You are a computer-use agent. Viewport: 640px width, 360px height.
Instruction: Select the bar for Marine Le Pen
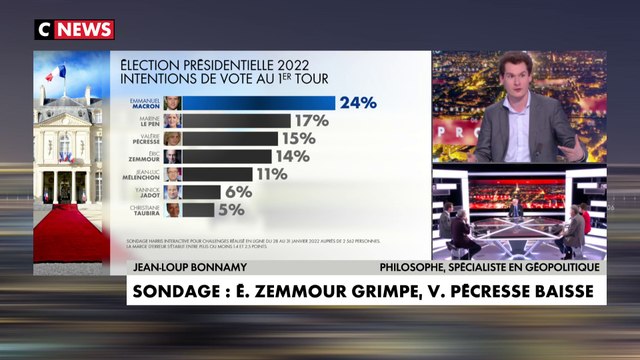[x=236, y=120]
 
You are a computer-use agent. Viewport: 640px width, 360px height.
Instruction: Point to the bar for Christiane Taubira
[x=197, y=210]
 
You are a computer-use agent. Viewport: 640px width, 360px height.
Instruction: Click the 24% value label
[x=357, y=102]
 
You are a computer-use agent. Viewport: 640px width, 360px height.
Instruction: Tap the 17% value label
[x=312, y=120]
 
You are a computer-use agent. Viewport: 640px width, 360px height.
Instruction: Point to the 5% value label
[x=232, y=210]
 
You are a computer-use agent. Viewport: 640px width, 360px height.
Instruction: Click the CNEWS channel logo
[x=74, y=29]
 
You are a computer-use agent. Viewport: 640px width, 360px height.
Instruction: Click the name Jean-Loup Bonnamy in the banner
[x=181, y=267]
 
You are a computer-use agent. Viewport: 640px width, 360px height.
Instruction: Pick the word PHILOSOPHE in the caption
[x=420, y=267]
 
